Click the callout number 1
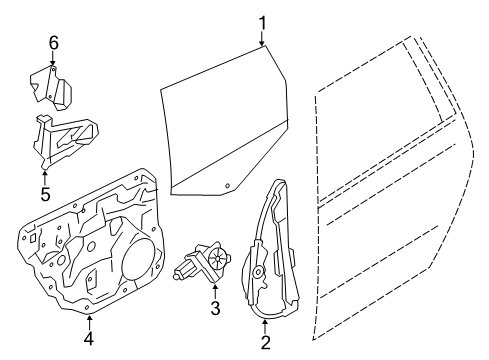click(x=263, y=23)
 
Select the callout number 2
click(x=265, y=342)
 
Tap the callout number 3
click(x=215, y=308)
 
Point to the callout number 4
click(x=89, y=339)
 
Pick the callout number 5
click(x=45, y=194)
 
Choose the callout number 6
click(x=54, y=43)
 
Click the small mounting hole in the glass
click(x=228, y=186)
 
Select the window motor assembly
click(x=203, y=262)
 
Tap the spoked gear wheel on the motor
click(x=217, y=257)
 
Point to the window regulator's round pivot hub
click(x=258, y=271)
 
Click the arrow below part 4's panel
click(x=89, y=322)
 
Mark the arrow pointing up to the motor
click(x=215, y=291)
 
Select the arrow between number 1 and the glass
click(x=262, y=39)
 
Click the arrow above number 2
click(x=265, y=327)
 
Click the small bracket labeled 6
click(x=51, y=87)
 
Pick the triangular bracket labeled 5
click(x=65, y=141)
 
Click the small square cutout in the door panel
click(x=33, y=238)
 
